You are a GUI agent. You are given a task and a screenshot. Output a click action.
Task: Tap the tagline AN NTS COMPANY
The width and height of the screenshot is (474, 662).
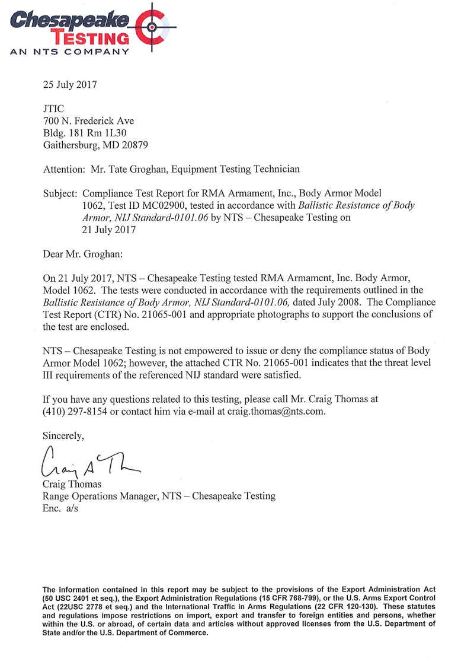[69, 52]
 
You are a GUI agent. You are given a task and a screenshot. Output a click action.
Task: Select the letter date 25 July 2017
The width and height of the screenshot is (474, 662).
[70, 84]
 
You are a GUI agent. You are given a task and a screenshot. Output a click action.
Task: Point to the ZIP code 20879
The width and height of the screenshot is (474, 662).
[134, 144]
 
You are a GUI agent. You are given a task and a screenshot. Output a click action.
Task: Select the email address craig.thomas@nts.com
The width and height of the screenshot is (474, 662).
[277, 411]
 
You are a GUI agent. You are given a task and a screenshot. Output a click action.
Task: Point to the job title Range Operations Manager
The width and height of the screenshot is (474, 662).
[97, 496]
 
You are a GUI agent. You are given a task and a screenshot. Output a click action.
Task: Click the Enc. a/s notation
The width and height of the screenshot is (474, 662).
[61, 508]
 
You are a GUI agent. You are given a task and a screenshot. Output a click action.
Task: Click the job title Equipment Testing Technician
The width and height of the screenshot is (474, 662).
[244, 169]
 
